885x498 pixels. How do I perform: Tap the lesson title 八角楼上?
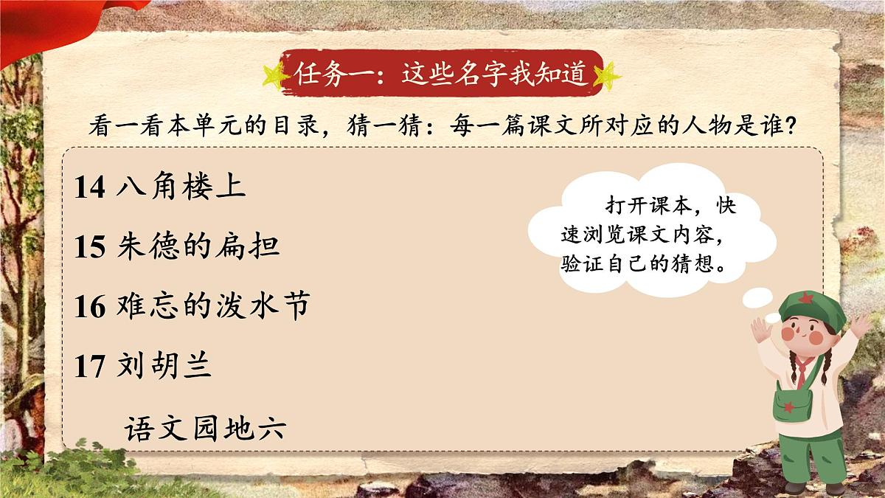pos(181,187)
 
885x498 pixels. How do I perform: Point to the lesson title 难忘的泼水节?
pos(212,305)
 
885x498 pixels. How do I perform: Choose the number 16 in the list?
pos(90,306)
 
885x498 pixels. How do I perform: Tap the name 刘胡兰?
pos(164,366)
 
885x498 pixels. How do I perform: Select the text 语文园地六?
pos(204,428)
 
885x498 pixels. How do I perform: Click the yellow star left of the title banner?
pos(275,75)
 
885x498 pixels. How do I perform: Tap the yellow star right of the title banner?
pos(607,75)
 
